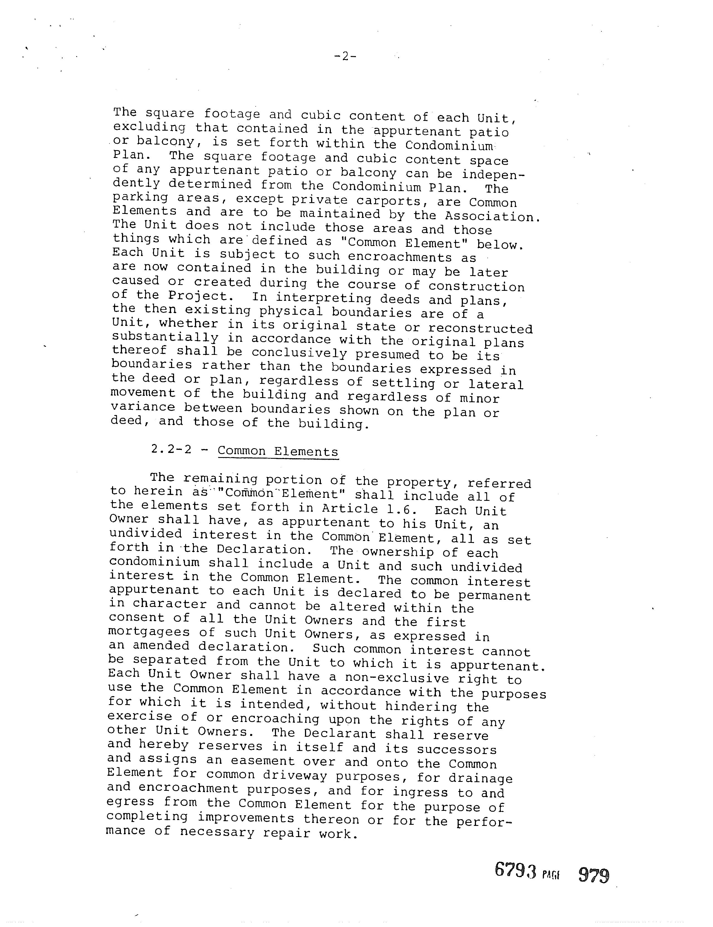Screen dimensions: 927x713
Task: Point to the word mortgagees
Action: (149, 632)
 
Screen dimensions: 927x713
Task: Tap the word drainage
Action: (480, 779)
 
